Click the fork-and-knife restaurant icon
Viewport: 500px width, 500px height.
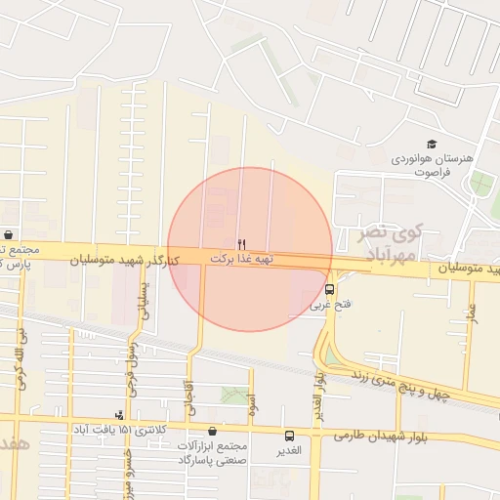tap(241, 243)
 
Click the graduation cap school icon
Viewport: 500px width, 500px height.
tap(432, 145)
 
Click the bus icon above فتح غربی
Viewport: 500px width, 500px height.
tap(329, 290)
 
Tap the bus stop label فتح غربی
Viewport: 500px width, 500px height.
tap(328, 306)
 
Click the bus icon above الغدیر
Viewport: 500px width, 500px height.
tap(289, 436)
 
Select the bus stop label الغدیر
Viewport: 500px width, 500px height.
tap(289, 451)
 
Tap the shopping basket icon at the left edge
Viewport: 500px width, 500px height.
tap(8, 234)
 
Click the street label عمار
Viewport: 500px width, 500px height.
tap(472, 316)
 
